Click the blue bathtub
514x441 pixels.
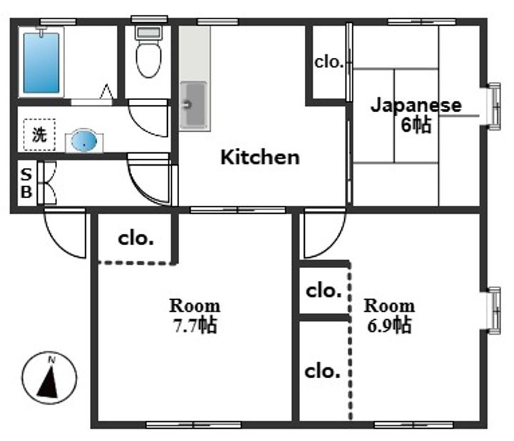tap(41, 62)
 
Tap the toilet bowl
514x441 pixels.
tap(148, 60)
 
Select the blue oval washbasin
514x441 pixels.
tap(84, 141)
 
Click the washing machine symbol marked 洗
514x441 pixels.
tap(39, 134)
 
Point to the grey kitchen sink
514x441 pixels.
tap(193, 105)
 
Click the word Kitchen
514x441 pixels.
tap(260, 157)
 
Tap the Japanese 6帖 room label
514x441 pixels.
tap(416, 115)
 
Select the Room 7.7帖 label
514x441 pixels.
tap(195, 316)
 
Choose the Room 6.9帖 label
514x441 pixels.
tap(390, 316)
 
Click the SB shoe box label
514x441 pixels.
tap(26, 183)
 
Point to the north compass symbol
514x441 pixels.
tap(49, 377)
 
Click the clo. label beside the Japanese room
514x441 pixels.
tap(329, 62)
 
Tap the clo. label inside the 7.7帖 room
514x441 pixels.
tap(136, 239)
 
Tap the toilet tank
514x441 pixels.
tap(148, 33)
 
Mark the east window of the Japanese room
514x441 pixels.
tap(494, 106)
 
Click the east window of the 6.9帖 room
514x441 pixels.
tap(494, 311)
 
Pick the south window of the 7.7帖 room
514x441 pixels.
tap(193, 425)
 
